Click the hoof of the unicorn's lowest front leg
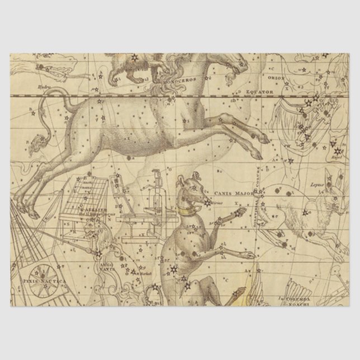pyautogui.click(x=257, y=157)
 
